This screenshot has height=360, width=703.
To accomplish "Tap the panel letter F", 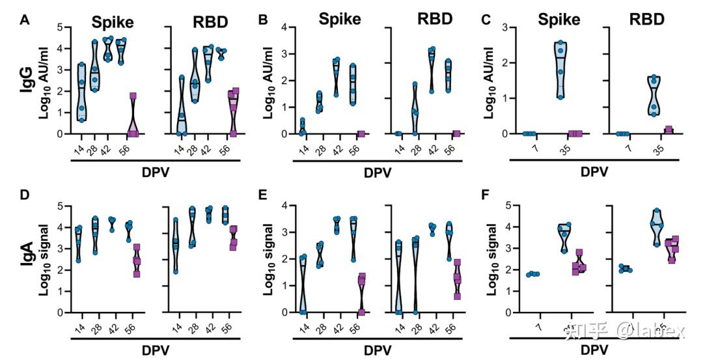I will coord(486,195).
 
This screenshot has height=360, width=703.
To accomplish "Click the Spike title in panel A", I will coord(111,22).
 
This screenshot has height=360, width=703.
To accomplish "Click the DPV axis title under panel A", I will coord(157,172).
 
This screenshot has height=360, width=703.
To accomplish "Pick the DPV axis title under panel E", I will coord(378,350).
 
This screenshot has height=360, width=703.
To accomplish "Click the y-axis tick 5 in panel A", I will coord(61,27).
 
